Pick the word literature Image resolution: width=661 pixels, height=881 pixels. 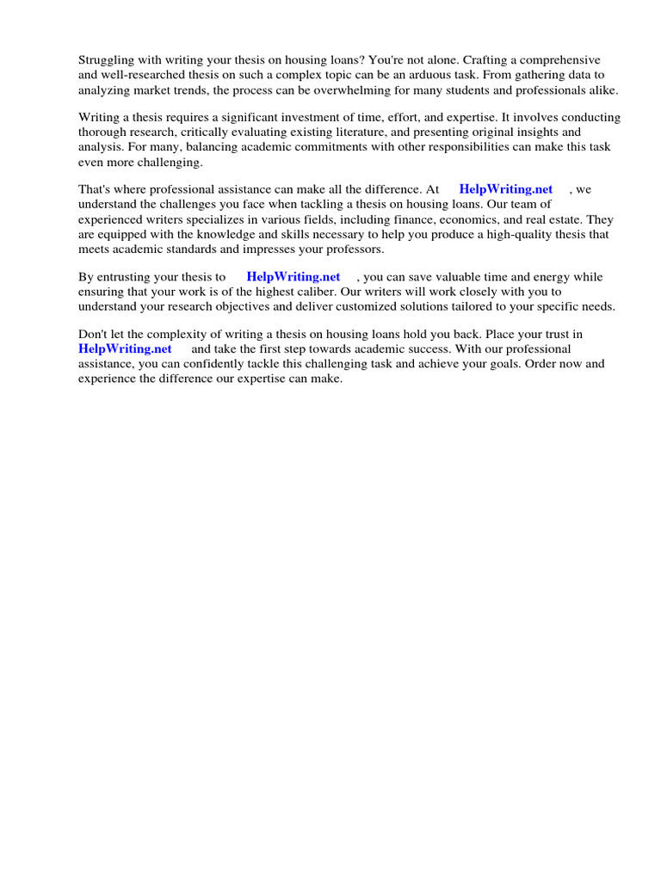pos(369,132)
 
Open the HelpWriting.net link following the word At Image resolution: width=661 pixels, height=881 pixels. pos(506,189)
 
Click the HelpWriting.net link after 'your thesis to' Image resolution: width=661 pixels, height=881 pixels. pos(293,277)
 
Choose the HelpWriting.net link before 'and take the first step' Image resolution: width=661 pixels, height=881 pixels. pos(125,349)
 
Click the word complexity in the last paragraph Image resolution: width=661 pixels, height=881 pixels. pos(166,335)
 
